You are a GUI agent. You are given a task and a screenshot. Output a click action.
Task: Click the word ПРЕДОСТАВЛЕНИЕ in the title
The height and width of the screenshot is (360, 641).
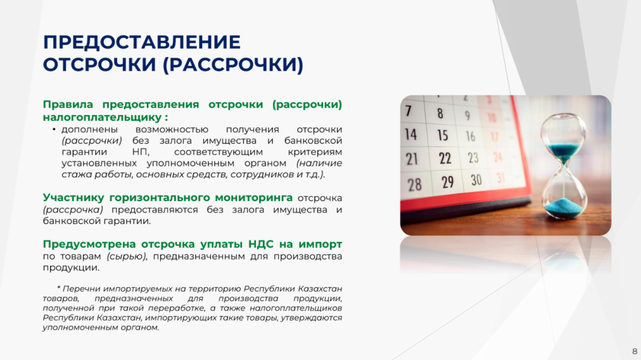pyautogui.click(x=142, y=42)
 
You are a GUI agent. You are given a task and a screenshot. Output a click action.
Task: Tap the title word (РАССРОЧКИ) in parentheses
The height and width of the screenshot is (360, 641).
pyautogui.click(x=233, y=64)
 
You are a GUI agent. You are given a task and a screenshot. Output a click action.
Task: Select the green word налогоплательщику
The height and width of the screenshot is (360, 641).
pyautogui.click(x=103, y=118)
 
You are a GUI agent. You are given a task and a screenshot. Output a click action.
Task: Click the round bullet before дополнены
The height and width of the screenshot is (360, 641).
pyautogui.click(x=54, y=130)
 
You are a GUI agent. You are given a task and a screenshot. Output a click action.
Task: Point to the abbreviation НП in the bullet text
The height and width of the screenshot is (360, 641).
pyautogui.click(x=141, y=152)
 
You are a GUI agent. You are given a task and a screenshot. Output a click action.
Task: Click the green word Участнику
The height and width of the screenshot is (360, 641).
pyautogui.click(x=74, y=198)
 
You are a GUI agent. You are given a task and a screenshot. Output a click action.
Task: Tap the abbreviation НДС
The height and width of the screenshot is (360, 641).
pyautogui.click(x=261, y=244)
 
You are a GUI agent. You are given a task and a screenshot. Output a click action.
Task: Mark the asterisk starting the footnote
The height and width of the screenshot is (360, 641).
pyautogui.click(x=59, y=289)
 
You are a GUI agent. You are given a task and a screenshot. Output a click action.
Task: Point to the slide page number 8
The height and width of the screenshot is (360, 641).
pyautogui.click(x=635, y=351)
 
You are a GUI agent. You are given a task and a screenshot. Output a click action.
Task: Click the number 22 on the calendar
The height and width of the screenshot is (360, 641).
pyautogui.click(x=445, y=158)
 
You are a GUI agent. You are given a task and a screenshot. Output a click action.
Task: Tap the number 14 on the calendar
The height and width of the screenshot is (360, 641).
pyautogui.click(x=411, y=134)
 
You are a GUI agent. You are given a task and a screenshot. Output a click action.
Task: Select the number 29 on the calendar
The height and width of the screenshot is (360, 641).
pyautogui.click(x=448, y=182)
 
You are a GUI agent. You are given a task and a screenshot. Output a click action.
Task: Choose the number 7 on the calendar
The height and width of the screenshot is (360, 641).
pyautogui.click(x=408, y=111)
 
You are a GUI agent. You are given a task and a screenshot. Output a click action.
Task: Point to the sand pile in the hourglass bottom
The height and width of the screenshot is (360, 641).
pyautogui.click(x=565, y=207)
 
